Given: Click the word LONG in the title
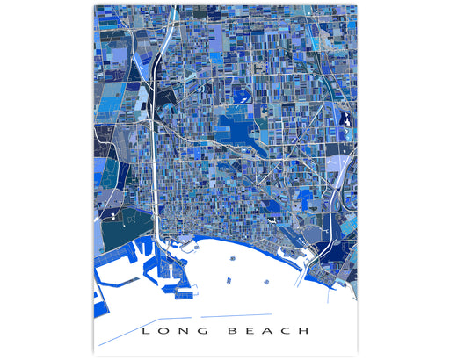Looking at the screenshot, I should [x=176, y=331].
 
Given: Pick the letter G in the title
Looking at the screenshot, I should [x=207, y=331].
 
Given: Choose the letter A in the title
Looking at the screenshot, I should [x=271, y=331].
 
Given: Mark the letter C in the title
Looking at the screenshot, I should [x=287, y=331].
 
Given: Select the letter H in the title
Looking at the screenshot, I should [x=304, y=331].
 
